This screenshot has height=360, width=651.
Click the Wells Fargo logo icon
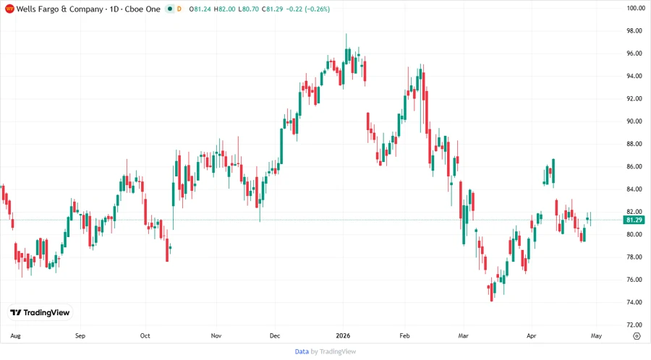pos(9,9)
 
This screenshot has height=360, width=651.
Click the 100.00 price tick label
pos(635,8)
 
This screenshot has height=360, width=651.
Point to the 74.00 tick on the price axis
pos(635,302)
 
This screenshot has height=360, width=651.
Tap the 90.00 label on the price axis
pos(635,121)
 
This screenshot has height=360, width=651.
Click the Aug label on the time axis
pos(15,336)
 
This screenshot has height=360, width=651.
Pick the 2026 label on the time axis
pos(343,336)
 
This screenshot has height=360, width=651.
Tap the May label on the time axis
pos(596,336)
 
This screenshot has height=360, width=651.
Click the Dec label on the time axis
pos(275,336)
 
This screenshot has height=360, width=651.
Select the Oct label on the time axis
pos(145,336)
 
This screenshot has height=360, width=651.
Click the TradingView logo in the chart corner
pos(40,312)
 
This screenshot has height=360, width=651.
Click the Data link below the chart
pos(302,351)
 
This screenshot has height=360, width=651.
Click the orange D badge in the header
pos(179,9)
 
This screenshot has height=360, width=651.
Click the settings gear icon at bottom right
pos(636,336)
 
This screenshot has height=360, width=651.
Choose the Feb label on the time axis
pos(404,336)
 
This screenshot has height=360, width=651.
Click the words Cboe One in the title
pos(142,9)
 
